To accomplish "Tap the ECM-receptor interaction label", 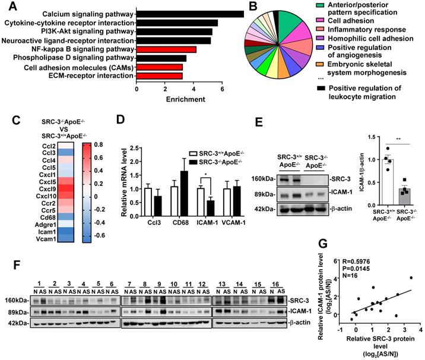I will pyautogui.click(x=92, y=76).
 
